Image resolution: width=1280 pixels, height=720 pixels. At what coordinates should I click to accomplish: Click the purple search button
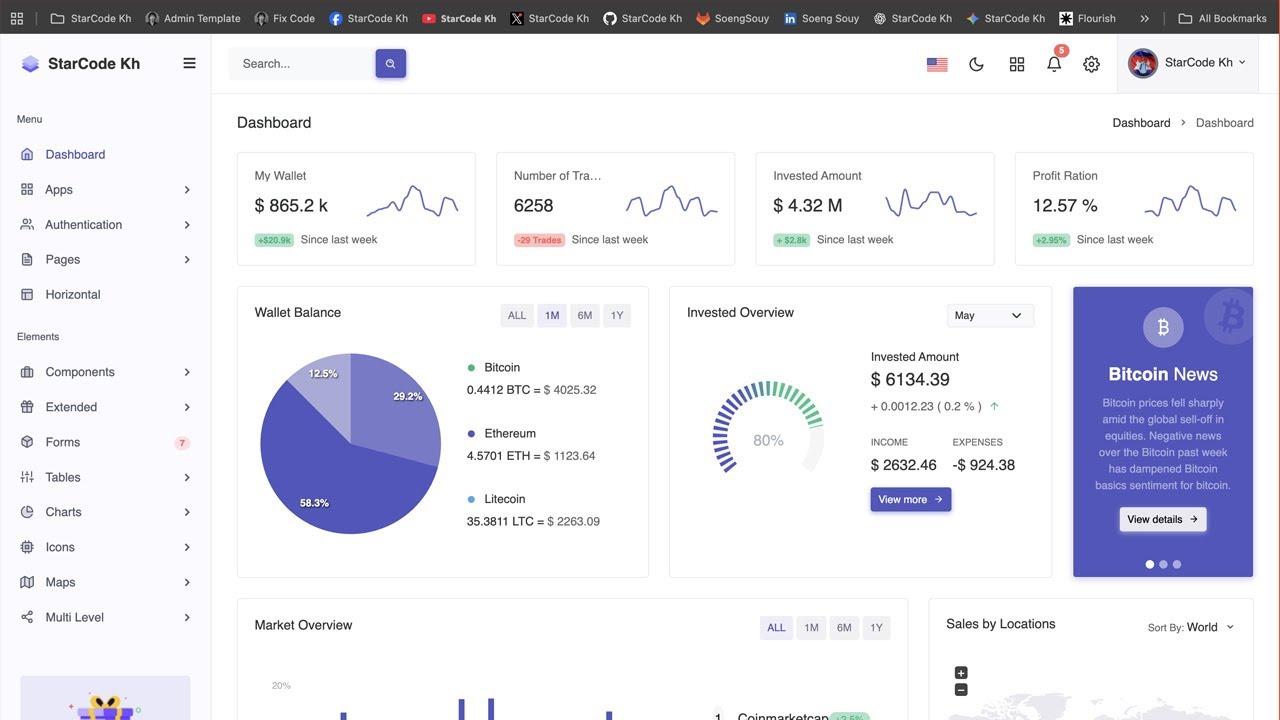390,64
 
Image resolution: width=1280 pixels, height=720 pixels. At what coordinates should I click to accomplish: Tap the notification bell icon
1054,64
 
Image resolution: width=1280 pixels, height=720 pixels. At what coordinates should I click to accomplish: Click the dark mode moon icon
977,64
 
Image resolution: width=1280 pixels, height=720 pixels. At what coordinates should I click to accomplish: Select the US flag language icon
937,64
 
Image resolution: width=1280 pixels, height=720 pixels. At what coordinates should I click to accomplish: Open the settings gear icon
1091,64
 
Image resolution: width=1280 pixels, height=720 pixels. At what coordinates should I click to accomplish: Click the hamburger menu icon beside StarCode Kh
189,63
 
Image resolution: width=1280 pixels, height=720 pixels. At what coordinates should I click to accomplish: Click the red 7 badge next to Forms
182,443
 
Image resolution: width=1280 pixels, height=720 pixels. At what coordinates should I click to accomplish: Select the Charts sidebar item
63,512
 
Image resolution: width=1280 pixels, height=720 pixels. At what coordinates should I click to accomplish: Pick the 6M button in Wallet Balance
584,316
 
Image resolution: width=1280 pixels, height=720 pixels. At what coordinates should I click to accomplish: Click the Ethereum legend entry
510,434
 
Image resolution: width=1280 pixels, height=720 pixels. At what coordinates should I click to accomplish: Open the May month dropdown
989,316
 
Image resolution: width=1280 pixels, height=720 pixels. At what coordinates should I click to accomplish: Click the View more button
910,500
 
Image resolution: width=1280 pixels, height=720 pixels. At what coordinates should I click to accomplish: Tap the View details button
1162,520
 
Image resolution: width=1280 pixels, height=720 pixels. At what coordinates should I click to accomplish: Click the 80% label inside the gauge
768,441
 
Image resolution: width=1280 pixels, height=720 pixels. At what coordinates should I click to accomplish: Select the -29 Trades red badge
539,240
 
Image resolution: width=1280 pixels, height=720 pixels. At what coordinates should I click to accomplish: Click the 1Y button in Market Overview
876,628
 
